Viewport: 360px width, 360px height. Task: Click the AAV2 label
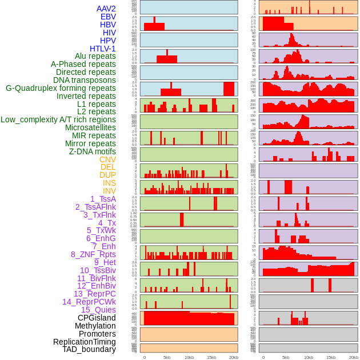[x=106, y=9]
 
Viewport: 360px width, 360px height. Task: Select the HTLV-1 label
[x=102, y=49]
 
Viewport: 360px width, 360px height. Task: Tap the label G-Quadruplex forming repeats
[x=61, y=88]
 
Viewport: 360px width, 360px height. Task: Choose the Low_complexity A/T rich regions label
[x=58, y=119]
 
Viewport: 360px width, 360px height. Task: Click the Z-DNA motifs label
[x=92, y=151]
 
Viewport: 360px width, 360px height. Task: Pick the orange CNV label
[x=107, y=159]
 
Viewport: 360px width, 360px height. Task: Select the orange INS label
[x=109, y=183]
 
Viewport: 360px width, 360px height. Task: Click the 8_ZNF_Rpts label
[x=93, y=254]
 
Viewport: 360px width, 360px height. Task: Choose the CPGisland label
[x=97, y=318]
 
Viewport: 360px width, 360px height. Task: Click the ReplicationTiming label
[x=84, y=342]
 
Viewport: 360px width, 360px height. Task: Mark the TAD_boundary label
[x=89, y=349]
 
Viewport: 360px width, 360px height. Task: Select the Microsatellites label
[x=90, y=127]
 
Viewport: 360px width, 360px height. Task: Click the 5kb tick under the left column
[x=167, y=357]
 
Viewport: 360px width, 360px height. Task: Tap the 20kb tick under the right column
[x=354, y=357]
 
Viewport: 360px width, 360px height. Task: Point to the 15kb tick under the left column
[x=211, y=357]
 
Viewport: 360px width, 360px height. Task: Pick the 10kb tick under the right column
[x=309, y=357]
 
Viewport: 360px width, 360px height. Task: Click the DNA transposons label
[x=85, y=80]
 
